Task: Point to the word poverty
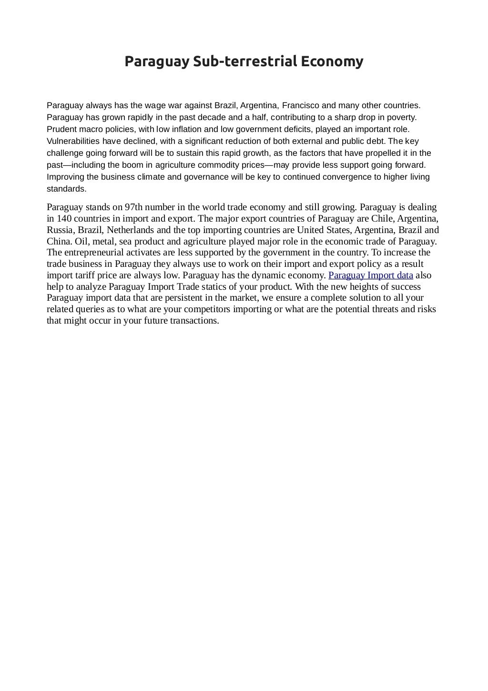pyautogui.click(x=402, y=117)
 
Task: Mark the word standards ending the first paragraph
pyautogui.click(x=66, y=189)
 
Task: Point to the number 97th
pyautogui.click(x=136, y=207)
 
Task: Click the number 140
pyautogui.click(x=64, y=219)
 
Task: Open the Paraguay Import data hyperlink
pyautogui.click(x=371, y=275)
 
